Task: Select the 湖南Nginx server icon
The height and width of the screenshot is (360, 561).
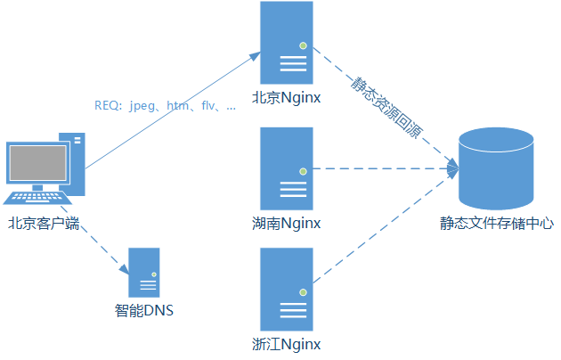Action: (x=287, y=168)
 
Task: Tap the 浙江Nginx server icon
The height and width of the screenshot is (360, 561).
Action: (x=287, y=290)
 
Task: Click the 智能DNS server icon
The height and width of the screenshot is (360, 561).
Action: (x=144, y=272)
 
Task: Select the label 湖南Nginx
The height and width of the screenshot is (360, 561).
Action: (x=287, y=222)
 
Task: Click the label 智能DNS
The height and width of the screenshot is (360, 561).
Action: (x=144, y=311)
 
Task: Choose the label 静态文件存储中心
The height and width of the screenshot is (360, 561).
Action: (x=497, y=223)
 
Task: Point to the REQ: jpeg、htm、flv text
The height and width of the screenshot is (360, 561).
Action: (x=166, y=106)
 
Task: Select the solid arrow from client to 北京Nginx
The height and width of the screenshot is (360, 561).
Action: (x=169, y=111)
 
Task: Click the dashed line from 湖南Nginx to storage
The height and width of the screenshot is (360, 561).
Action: (x=383, y=168)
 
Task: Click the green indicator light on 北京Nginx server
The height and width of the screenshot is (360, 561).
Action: (x=303, y=45)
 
